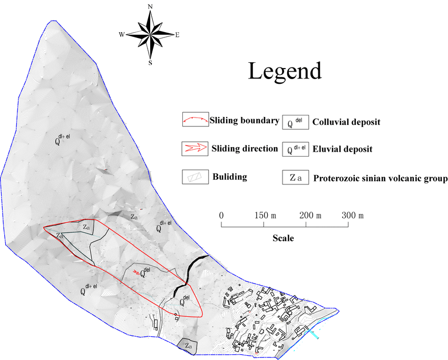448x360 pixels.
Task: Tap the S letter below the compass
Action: tap(151, 63)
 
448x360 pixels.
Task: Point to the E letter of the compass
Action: tap(178, 35)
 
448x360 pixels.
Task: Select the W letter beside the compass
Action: tap(122, 35)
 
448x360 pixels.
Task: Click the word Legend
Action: tap(285, 71)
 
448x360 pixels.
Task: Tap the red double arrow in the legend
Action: tap(194, 148)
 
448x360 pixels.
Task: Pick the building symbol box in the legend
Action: tap(194, 177)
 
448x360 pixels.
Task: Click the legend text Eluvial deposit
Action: tap(343, 149)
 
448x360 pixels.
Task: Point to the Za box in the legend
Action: tap(296, 178)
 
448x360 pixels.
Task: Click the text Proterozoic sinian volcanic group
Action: tap(380, 178)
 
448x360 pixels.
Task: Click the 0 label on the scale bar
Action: tap(222, 216)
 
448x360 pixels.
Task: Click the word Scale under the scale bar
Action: tap(283, 238)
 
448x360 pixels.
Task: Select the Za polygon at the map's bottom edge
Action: tap(187, 346)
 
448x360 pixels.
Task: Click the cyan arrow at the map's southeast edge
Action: tap(315, 334)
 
